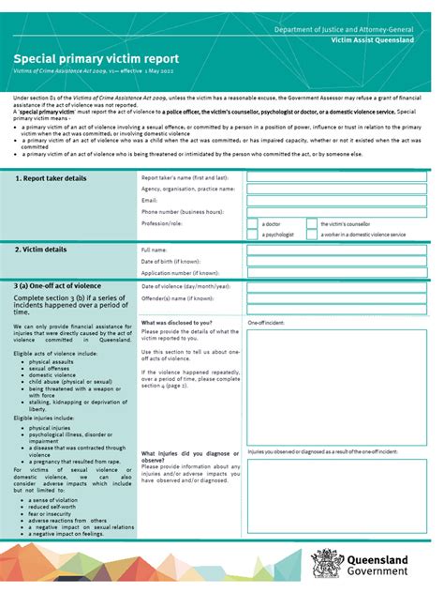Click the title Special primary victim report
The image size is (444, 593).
click(x=96, y=58)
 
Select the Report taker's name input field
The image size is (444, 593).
click(x=337, y=176)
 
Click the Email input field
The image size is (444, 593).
click(x=337, y=200)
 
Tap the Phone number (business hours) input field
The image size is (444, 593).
click(x=337, y=212)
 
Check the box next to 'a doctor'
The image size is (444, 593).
click(x=253, y=224)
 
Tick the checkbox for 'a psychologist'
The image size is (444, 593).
click(x=253, y=235)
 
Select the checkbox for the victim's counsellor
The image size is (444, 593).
click(x=311, y=224)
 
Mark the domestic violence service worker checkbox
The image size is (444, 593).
click(x=311, y=235)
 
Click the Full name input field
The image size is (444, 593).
click(x=337, y=251)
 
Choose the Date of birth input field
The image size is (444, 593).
click(x=337, y=262)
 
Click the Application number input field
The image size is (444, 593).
click(x=337, y=273)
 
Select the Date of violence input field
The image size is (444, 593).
click(x=337, y=286)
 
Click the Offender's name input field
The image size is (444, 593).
click(x=337, y=298)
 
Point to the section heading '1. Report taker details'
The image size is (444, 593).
click(x=52, y=178)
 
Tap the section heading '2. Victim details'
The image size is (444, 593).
click(x=41, y=250)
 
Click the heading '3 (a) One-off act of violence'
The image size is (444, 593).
click(x=58, y=285)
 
